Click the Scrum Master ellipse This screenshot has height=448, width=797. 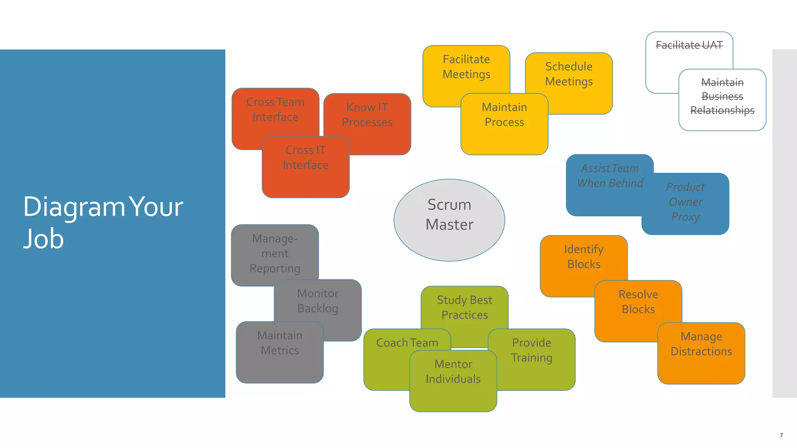[449, 220]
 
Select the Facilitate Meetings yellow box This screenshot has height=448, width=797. [466, 67]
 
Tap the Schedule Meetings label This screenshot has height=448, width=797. [569, 74]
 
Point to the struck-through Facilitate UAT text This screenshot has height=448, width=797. [689, 45]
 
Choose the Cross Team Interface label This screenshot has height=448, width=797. [275, 109]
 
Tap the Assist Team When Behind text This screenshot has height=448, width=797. [609, 176]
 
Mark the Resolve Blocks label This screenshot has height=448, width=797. [638, 302]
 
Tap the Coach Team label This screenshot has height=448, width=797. [407, 343]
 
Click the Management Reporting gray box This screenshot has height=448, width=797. [275, 254]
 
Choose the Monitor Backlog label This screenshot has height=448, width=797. [318, 301]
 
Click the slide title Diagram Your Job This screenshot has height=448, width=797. [103, 222]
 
